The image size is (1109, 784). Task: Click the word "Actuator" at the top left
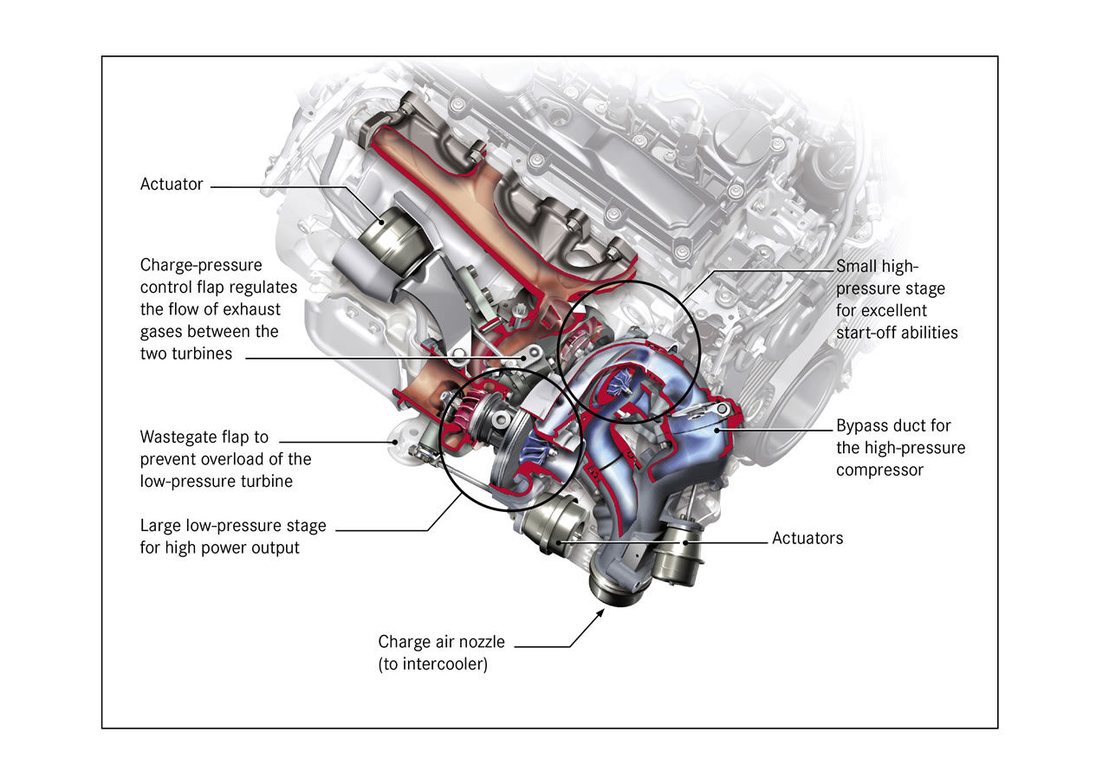(172, 185)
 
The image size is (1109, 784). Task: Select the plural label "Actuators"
(807, 539)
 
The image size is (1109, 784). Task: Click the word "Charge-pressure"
(201, 265)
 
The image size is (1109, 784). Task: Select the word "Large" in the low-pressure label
(161, 526)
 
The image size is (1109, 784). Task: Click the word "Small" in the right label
(858, 267)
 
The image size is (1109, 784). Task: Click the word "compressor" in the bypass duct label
(880, 470)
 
